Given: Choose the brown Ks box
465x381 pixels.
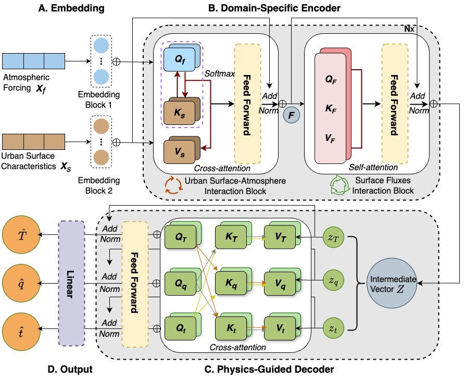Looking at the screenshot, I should click(x=179, y=111).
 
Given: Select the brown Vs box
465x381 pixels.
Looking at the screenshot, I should click(x=179, y=152).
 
